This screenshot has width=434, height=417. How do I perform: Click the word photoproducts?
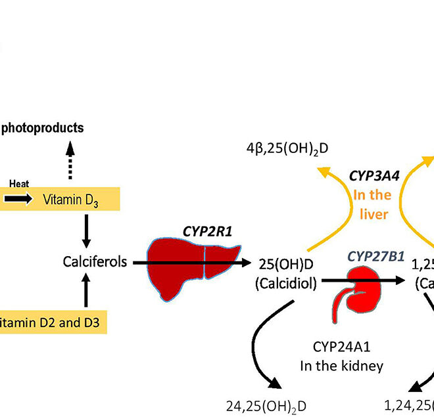click(42, 127)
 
